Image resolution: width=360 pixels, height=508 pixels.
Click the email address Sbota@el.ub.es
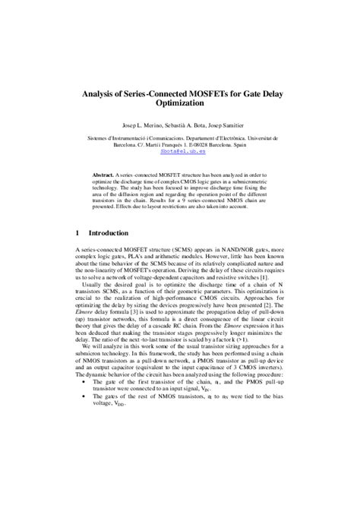click(x=179, y=151)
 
